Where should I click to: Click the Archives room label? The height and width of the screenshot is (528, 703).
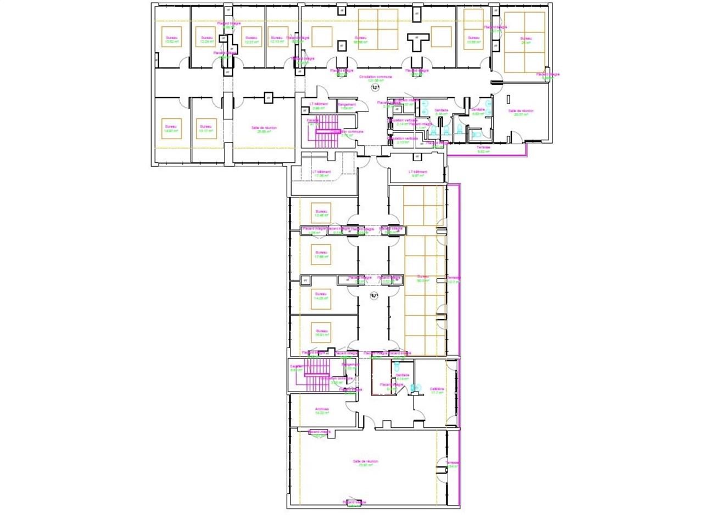(322, 410)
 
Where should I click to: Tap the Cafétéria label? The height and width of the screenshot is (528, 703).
(437, 391)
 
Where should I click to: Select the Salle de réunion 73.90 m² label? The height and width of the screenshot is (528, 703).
(365, 463)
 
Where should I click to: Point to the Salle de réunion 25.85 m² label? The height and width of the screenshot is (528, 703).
(264, 129)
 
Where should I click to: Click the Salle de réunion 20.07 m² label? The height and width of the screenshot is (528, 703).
(521, 113)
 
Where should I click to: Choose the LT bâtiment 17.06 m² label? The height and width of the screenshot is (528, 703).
(321, 173)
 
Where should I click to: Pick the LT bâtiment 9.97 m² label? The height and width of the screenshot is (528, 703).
(418, 173)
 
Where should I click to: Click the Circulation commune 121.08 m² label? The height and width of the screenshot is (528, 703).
(376, 79)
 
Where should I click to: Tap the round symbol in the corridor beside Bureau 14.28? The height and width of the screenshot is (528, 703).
(373, 296)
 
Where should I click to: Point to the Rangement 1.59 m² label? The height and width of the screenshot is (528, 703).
(347, 106)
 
